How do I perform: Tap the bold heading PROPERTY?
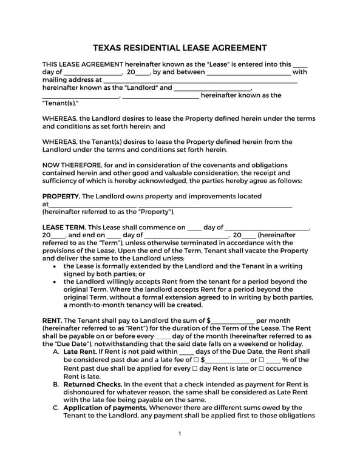61,197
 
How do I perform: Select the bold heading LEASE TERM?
64,228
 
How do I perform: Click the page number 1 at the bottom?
180,434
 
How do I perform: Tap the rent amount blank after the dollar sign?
233,321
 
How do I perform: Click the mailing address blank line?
200,80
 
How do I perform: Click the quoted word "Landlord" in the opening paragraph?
140,87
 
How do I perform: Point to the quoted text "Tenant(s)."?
61,103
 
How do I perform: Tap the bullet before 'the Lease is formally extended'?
56,266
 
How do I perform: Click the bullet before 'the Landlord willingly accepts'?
56,282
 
